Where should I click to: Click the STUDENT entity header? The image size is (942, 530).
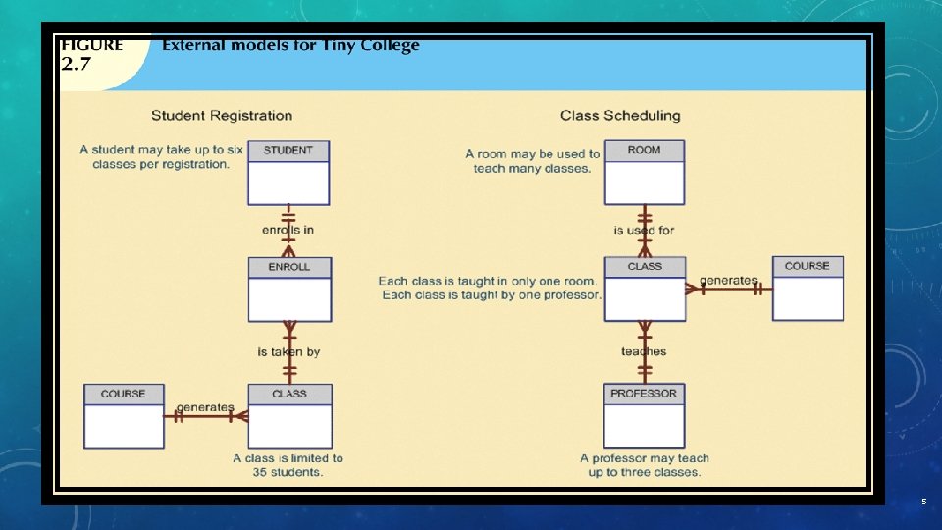(x=288, y=150)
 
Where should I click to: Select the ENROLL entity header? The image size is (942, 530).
(x=289, y=267)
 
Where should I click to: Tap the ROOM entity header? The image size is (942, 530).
(x=645, y=150)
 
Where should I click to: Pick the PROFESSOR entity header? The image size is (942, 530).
(x=644, y=394)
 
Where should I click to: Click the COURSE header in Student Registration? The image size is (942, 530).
(x=123, y=394)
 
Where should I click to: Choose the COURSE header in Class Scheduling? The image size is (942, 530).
(x=807, y=266)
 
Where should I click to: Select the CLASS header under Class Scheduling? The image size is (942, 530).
(x=645, y=266)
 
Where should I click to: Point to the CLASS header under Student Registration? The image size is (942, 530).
(x=289, y=394)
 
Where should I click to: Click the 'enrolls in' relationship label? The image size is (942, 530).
(x=288, y=231)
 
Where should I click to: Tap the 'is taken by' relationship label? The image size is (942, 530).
(x=288, y=352)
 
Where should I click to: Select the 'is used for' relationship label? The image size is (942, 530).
(x=644, y=231)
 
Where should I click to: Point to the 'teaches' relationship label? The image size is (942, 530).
(x=644, y=352)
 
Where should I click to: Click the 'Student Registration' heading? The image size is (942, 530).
(x=222, y=116)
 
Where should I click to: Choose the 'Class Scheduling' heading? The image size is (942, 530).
(x=620, y=116)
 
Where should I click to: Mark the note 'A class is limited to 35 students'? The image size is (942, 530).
(x=288, y=465)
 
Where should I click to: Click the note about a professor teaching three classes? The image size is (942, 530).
(x=644, y=465)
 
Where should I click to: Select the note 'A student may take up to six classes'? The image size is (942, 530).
(x=161, y=157)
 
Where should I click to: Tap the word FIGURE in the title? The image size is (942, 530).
(x=92, y=45)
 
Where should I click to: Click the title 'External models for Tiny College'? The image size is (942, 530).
(x=290, y=45)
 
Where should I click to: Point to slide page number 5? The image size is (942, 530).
(x=923, y=503)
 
